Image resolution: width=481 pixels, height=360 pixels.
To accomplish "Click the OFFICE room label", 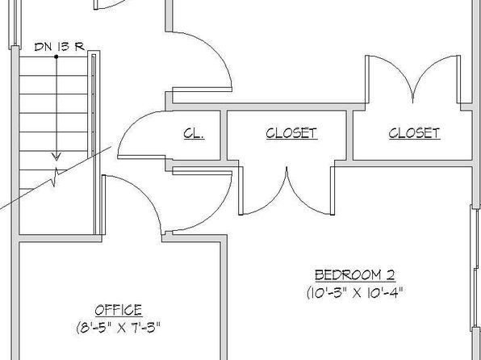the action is [x=119, y=310].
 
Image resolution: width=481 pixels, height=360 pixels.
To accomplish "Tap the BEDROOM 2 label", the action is [x=355, y=274].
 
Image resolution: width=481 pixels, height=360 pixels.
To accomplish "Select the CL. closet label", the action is [x=194, y=133].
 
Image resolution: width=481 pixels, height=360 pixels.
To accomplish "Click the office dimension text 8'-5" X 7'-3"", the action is [x=119, y=328].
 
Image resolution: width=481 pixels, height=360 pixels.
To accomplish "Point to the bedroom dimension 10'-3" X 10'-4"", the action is [x=355, y=292].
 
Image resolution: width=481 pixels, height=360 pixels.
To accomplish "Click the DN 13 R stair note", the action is [x=60, y=47].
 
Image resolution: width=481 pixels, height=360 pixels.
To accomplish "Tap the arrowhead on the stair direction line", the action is [x=56, y=157].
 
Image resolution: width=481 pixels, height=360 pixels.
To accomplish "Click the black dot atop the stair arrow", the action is [x=56, y=57].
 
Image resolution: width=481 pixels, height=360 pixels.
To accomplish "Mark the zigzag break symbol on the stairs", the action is [x=56, y=177].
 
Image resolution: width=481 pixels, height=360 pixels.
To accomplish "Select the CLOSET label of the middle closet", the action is [x=291, y=133].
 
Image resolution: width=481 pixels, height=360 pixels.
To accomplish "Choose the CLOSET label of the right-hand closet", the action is [x=415, y=133].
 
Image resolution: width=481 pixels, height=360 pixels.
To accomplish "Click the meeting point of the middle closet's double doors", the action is [x=287, y=168].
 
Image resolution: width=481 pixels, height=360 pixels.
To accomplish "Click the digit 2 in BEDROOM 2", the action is [x=390, y=274].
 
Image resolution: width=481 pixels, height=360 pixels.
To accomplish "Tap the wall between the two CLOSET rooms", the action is [x=349, y=135].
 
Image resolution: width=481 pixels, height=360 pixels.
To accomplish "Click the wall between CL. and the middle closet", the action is [x=224, y=135].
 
